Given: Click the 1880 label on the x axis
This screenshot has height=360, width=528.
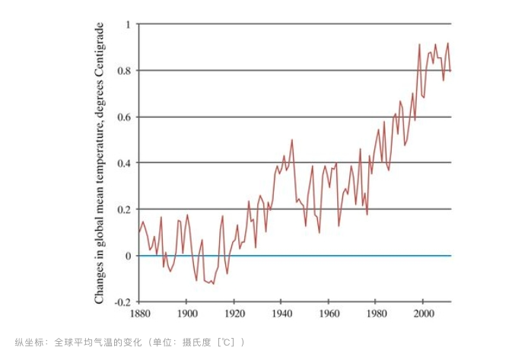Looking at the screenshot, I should [138, 314].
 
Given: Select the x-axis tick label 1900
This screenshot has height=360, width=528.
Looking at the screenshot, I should [186, 314].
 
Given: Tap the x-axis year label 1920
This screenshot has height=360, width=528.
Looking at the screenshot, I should [234, 314].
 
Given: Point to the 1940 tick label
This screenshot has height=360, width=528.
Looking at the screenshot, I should [281, 314].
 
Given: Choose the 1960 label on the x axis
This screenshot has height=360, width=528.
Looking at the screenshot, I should [329, 314].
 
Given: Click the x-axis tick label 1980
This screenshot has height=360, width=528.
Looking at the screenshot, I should [376, 314].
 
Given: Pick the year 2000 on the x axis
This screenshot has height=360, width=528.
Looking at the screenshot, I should [424, 314].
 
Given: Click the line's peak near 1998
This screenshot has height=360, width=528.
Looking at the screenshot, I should [419, 44].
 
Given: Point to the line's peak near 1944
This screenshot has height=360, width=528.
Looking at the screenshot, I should [291, 140].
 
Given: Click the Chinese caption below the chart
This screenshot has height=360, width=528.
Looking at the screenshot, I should [130, 342].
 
